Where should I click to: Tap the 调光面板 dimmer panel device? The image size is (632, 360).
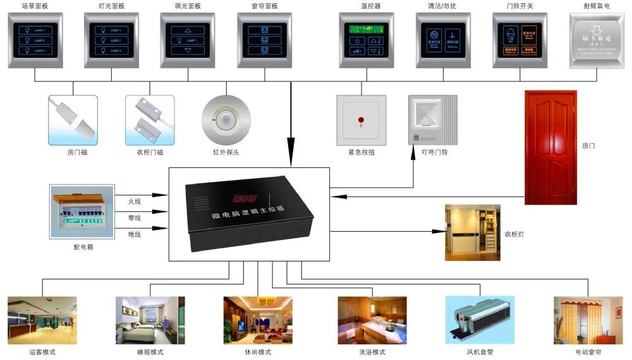pyautogui.click(x=188, y=40)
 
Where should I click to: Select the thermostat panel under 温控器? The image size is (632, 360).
pyautogui.click(x=367, y=40)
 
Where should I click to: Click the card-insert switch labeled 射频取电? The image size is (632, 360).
pyautogui.click(x=597, y=40)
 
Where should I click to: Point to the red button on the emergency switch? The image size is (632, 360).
pyautogui.click(x=361, y=119)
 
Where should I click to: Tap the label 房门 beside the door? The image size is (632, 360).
pyautogui.click(x=588, y=146)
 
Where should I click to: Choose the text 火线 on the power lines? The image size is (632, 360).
pyautogui.click(x=135, y=201)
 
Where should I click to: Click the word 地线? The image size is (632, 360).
pyautogui.click(x=135, y=234)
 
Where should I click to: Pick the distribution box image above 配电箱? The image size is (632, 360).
pyautogui.click(x=82, y=212)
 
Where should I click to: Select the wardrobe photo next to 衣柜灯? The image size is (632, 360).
pyautogui.click(x=472, y=232)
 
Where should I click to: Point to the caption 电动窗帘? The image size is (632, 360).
pyautogui.click(x=588, y=352)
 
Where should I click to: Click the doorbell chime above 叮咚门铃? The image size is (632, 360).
pyautogui.click(x=433, y=119)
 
